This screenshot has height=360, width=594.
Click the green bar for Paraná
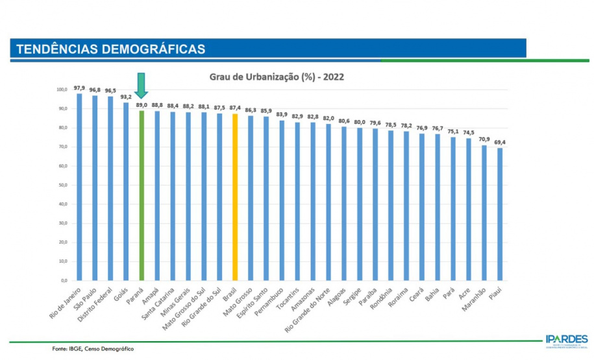tap(142, 195)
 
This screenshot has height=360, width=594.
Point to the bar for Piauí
tap(500, 214)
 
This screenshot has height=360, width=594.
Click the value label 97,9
tap(79, 88)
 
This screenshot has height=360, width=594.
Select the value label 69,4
tap(500, 142)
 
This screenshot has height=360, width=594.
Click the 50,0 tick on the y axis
tap(62, 185)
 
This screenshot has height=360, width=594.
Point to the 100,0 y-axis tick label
tap(62, 90)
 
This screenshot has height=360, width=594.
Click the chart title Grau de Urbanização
tap(277, 76)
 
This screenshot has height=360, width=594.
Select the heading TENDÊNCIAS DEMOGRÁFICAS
tap(110, 49)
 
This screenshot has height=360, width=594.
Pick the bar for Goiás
tap(126, 191)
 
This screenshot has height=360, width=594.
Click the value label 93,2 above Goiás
tap(126, 97)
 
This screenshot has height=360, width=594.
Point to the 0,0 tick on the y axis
tap(64, 280)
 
